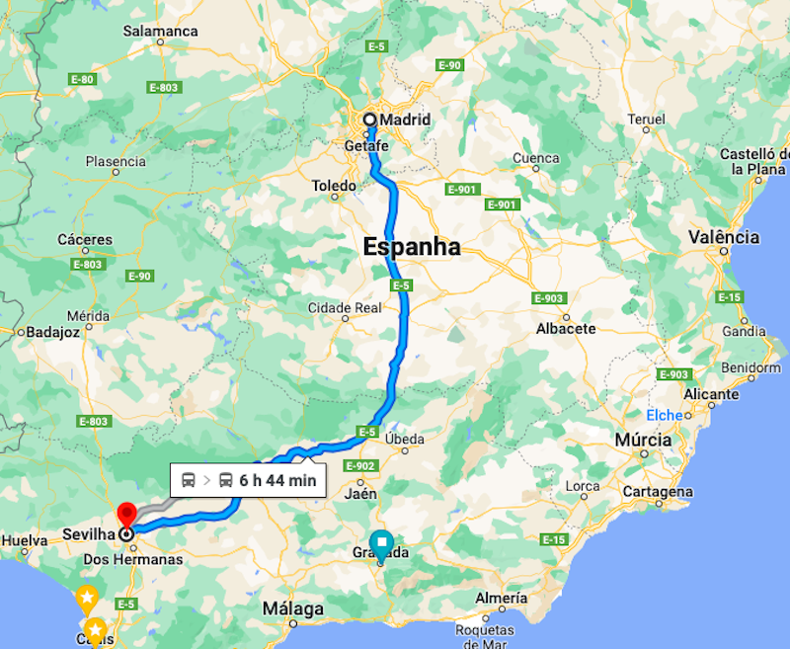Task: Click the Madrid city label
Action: tap(406, 120)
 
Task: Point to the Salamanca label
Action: tap(160, 31)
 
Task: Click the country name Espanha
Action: tap(412, 247)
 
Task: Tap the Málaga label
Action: tap(293, 609)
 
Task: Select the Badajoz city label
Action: tap(53, 332)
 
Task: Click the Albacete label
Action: tap(566, 328)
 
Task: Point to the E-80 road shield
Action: tap(84, 79)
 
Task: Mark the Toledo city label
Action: tap(334, 186)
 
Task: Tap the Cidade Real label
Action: tap(344, 307)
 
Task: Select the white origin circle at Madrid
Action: tap(369, 120)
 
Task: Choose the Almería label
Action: tap(501, 598)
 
